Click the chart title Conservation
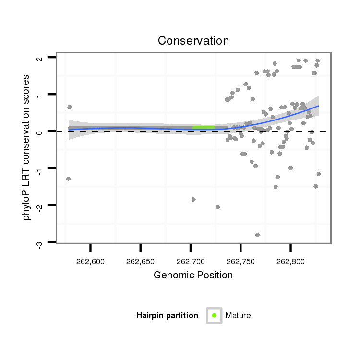click(x=193, y=41)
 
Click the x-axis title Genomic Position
click(x=193, y=275)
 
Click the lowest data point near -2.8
click(x=258, y=235)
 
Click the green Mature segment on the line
click(x=204, y=127)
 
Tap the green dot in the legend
click(x=214, y=315)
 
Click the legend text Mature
click(x=238, y=316)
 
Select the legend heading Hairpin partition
click(x=167, y=316)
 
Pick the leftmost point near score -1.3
click(x=68, y=179)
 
